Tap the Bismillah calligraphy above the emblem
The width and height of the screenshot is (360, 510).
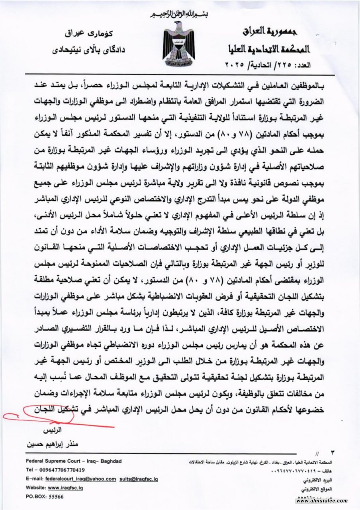tap(179, 15)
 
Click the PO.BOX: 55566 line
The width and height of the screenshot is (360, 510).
tap(44, 496)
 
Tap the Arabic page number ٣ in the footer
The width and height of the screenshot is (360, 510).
tap(333, 453)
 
